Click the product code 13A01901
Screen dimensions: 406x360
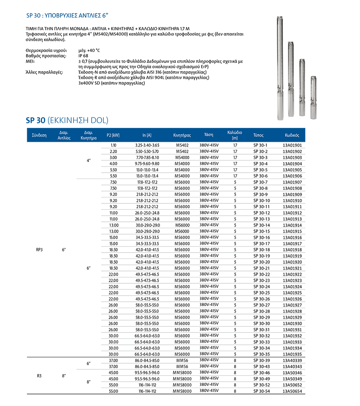pyautogui.click(x=292, y=145)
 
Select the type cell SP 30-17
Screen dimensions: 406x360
pyautogui.click(x=262, y=243)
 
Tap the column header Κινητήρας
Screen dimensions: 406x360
pyautogui.click(x=182, y=135)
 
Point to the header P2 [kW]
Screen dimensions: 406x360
pyautogui.click(x=113, y=135)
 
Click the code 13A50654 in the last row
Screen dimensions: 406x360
pyautogui.click(x=292, y=391)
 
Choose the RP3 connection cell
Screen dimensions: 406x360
pyautogui.click(x=39, y=249)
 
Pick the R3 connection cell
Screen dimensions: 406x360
pyautogui.click(x=39, y=376)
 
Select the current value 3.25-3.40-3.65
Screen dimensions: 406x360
pyautogui.click(x=147, y=145)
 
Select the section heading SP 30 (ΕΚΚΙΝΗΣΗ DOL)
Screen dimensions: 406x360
pyautogui.click(x=67, y=120)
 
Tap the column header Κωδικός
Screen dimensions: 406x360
pyautogui.click(x=292, y=135)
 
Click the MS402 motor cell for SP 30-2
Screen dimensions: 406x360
pyautogui.click(x=182, y=151)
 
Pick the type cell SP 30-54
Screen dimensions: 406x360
pyautogui.click(x=262, y=391)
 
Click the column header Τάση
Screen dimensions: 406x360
pyautogui.click(x=208, y=135)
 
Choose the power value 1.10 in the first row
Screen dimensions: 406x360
pyautogui.click(x=113, y=145)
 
